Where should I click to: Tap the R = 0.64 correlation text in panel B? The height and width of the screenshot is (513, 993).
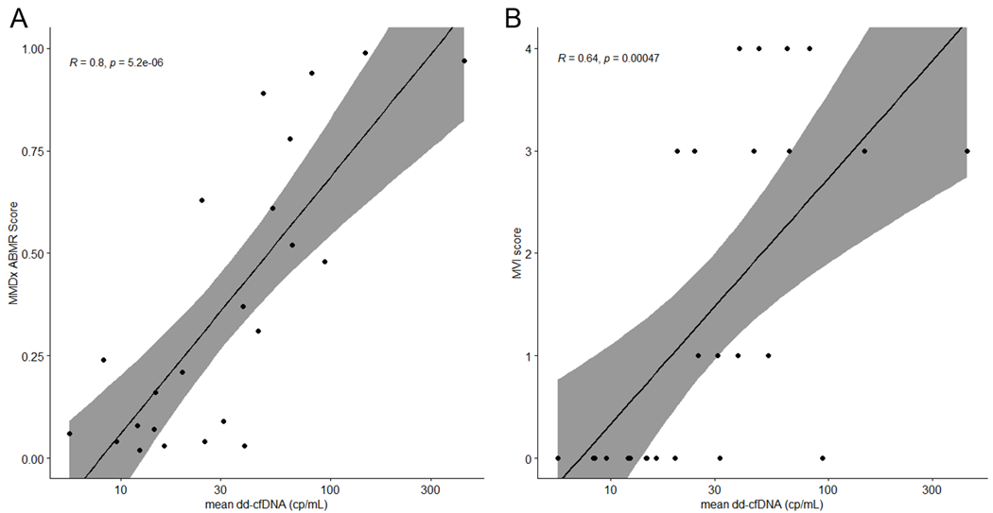(607, 59)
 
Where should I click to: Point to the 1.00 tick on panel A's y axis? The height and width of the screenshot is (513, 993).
(34, 48)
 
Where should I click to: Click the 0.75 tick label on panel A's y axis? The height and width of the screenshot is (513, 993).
(34, 151)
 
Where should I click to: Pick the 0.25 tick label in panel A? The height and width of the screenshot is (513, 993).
(34, 356)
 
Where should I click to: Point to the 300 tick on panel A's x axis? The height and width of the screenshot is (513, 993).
(430, 489)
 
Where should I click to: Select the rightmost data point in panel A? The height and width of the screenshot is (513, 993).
(464, 60)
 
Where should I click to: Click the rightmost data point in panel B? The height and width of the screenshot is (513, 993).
(967, 151)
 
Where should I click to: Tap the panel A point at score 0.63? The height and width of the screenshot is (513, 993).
(201, 200)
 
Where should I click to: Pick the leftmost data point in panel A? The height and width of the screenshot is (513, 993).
(69, 434)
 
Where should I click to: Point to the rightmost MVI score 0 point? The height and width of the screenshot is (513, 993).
(823, 458)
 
